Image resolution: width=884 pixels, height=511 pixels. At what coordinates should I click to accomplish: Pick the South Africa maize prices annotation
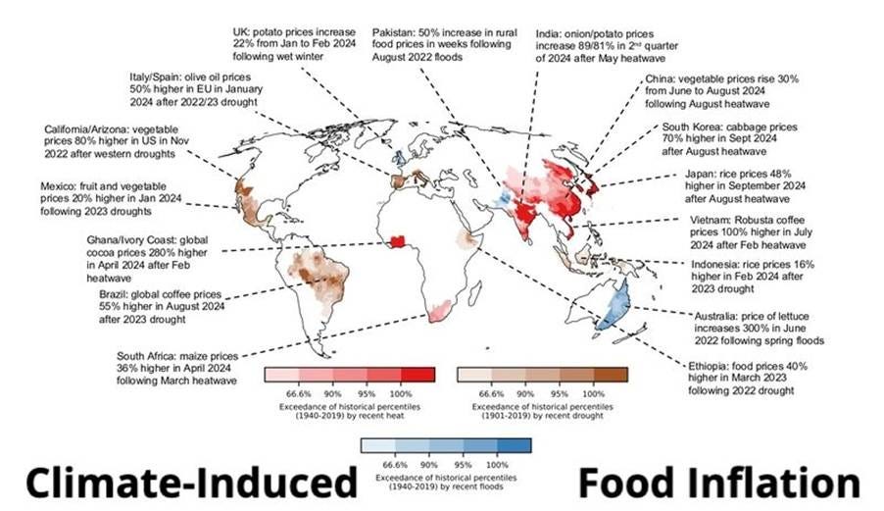point(177,367)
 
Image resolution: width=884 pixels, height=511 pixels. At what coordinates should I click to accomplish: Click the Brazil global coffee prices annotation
point(162,306)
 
